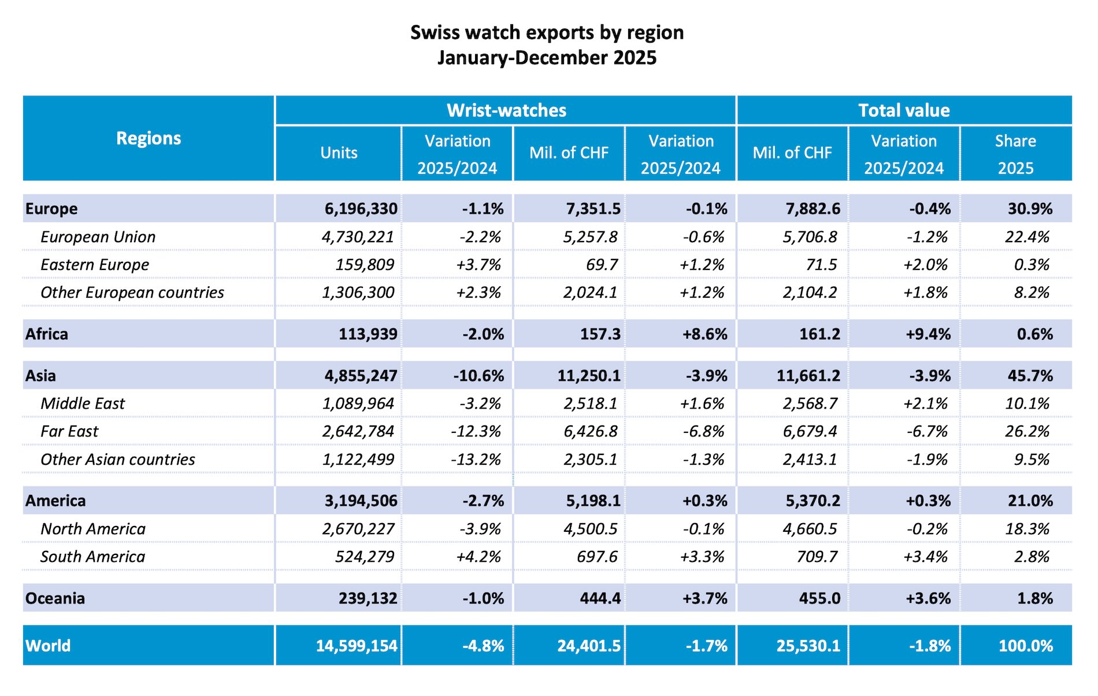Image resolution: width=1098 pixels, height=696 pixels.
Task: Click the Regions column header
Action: [x=149, y=138]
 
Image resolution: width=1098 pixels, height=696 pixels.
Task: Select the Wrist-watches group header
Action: [x=506, y=110]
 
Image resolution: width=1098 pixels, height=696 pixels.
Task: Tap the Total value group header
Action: [x=904, y=110]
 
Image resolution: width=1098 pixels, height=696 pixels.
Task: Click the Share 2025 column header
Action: [x=1015, y=154]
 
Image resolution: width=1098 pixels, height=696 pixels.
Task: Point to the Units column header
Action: [x=339, y=153]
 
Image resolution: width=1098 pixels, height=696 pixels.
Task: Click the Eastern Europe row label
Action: [x=95, y=265]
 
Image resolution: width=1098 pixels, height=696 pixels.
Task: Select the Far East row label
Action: [x=69, y=431]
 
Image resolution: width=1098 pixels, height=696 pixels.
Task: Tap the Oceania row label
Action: [x=55, y=598]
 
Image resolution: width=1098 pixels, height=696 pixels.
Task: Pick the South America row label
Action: [x=92, y=557]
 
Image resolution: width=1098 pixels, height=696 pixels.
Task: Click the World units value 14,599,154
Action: [x=357, y=646]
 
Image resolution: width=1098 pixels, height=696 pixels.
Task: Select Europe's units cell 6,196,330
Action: [x=361, y=209]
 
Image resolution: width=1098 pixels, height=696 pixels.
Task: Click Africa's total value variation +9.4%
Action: [x=928, y=334]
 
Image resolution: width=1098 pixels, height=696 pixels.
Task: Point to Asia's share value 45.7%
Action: [x=1030, y=376]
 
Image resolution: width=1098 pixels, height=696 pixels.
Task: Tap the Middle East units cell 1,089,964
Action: [x=358, y=403]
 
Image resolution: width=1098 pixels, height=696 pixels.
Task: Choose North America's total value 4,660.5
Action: [x=810, y=529]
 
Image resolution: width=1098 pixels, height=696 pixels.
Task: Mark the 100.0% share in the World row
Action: [x=1026, y=646]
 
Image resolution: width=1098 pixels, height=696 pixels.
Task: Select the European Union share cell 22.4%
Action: [x=1027, y=237]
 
